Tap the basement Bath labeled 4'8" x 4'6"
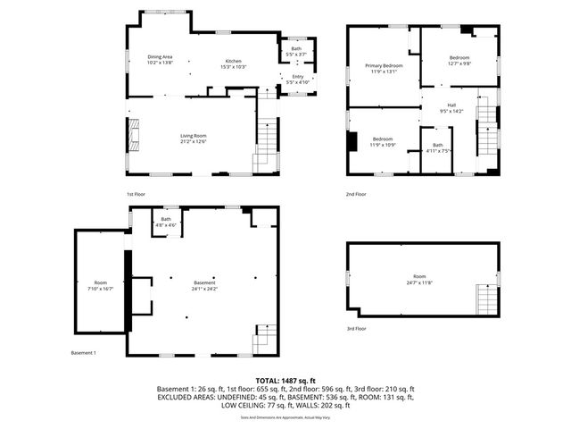click(166, 222)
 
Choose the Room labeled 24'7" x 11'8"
click(419, 279)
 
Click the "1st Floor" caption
click(137, 194)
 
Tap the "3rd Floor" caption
click(357, 328)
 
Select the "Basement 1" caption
click(84, 353)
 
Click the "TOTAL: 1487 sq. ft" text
click(285, 381)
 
